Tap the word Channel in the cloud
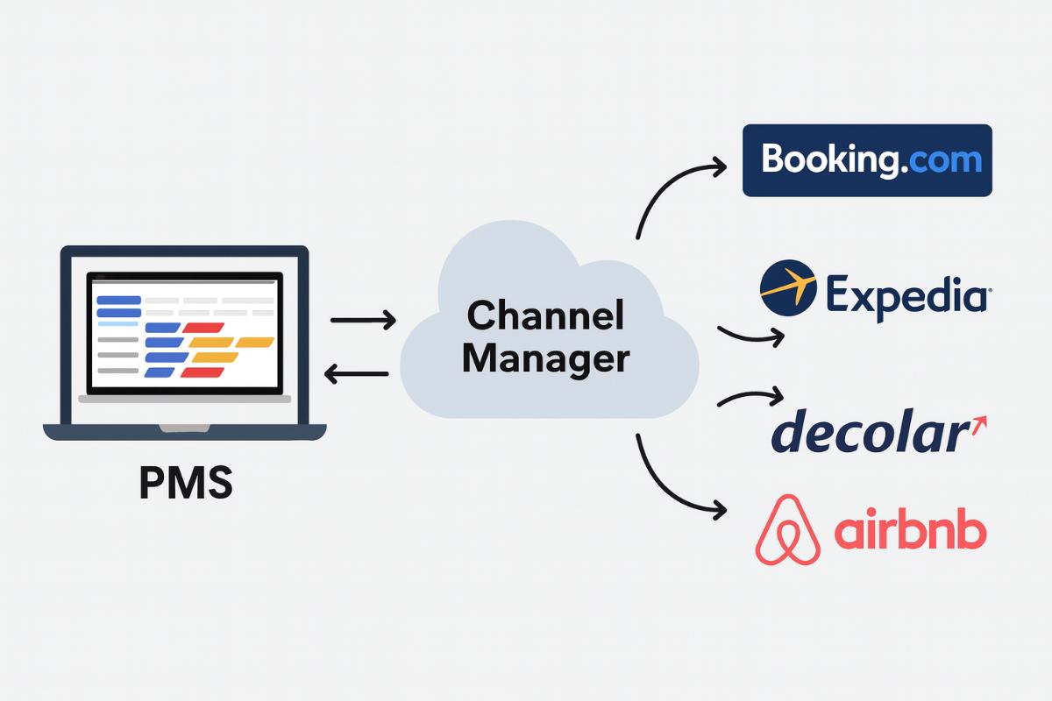544,316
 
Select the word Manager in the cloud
546,358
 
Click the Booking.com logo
867,160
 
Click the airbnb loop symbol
787,529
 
